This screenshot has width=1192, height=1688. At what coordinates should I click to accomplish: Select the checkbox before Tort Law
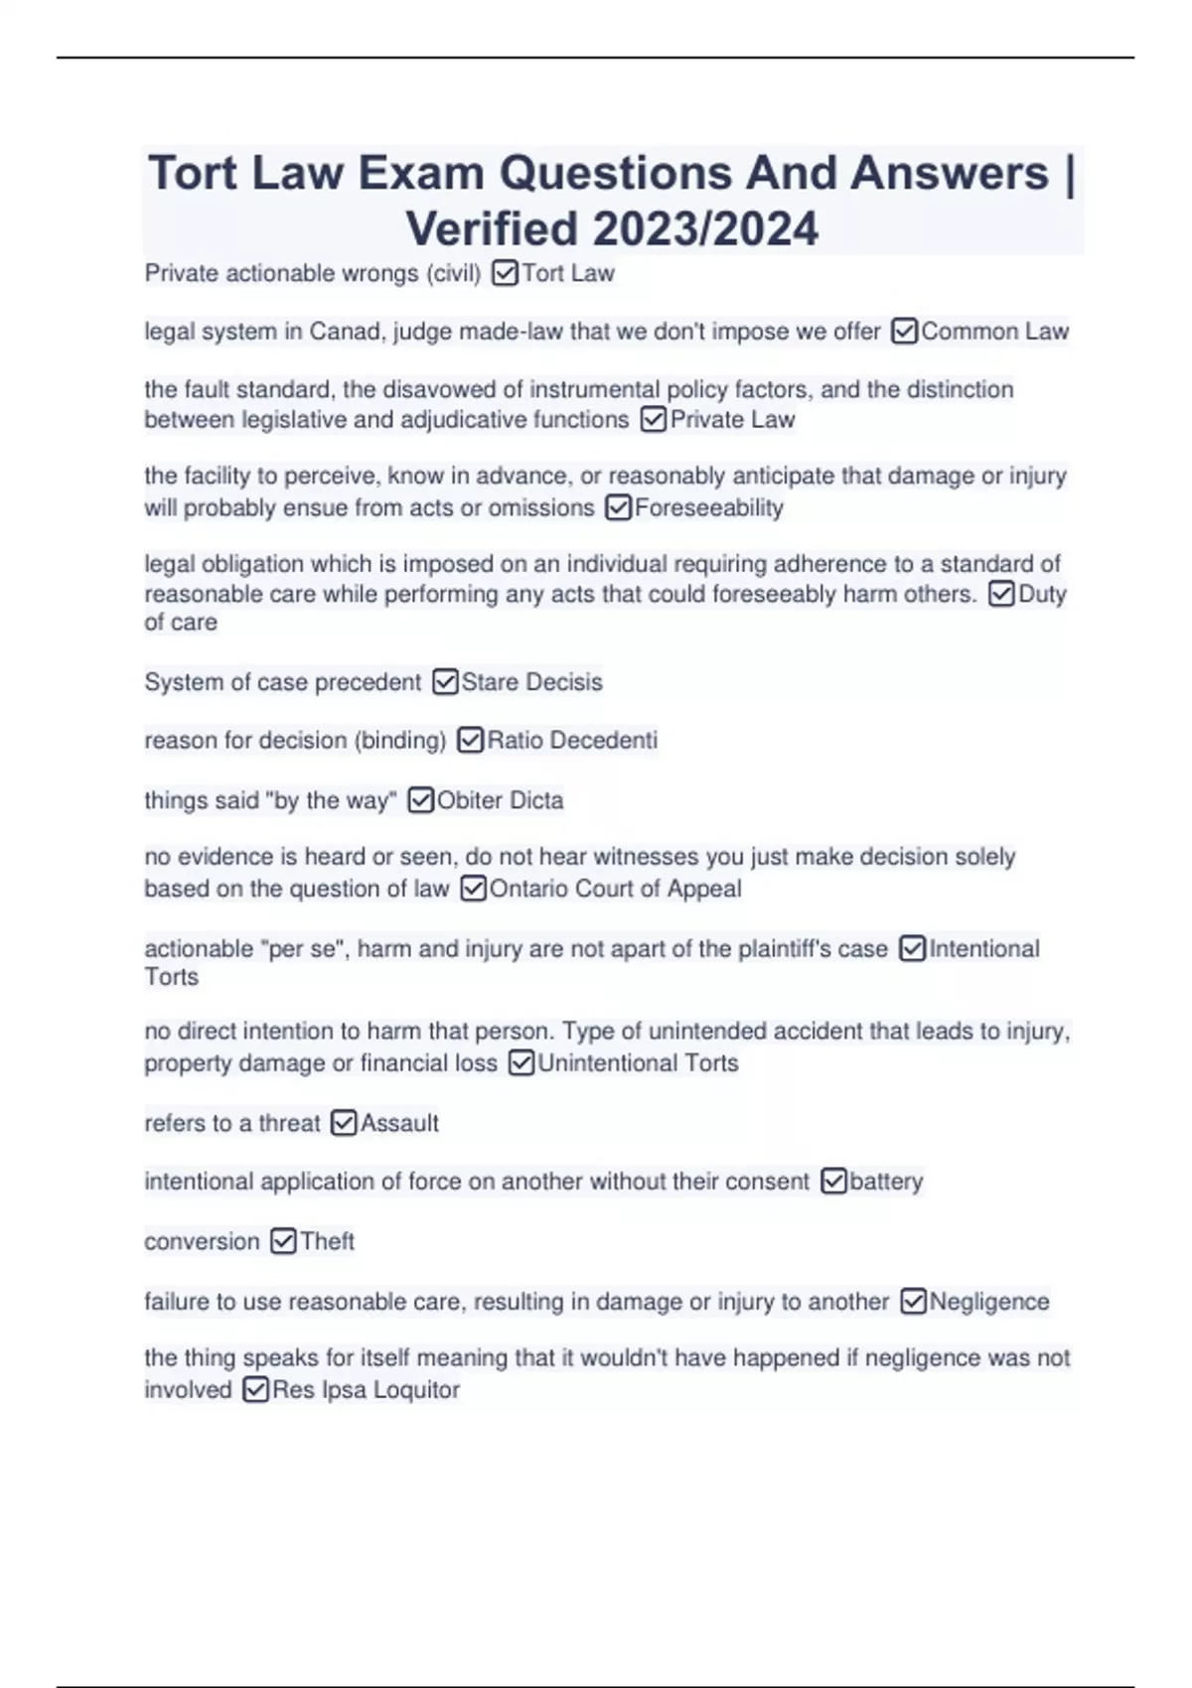point(505,273)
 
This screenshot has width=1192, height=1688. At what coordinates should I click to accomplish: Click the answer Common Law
point(994,332)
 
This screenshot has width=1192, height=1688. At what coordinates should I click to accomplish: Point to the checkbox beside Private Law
point(653,420)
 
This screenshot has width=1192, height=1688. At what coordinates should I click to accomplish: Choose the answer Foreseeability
point(708,508)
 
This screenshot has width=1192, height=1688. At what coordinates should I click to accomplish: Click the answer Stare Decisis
point(531,682)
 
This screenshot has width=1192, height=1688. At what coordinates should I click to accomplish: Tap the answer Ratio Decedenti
point(572,741)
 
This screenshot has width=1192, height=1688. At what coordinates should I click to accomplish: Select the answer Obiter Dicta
point(500,800)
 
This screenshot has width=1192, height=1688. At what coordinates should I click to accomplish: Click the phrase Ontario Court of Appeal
point(615,889)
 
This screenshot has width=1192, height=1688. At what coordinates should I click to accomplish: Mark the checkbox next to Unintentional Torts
point(521,1063)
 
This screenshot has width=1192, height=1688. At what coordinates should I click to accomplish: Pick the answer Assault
point(399,1123)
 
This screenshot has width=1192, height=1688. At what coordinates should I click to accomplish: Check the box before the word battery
point(833,1182)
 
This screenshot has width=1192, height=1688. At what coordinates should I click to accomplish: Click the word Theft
point(327,1241)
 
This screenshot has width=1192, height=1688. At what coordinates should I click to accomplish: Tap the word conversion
point(202,1241)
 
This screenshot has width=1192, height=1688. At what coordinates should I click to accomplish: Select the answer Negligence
point(988,1302)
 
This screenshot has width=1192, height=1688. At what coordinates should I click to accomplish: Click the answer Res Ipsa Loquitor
point(366,1390)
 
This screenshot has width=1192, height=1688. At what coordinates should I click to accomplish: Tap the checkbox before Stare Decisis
point(445,682)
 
